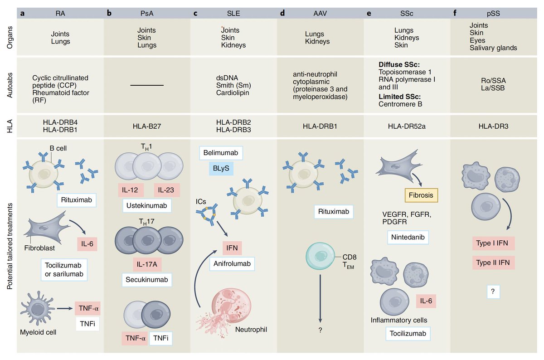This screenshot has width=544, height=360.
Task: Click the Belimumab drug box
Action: tap(221, 153)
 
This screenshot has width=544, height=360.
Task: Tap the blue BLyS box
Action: tap(221, 168)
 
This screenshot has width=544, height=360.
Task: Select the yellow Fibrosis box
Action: tap(421, 195)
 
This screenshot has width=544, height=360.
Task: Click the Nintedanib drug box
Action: tap(408, 237)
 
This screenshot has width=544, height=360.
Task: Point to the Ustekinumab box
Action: tap(147, 205)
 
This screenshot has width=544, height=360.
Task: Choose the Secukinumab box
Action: tap(147, 280)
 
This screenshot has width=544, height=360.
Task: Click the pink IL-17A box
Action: tap(147, 264)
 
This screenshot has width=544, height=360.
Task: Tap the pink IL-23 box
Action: tap(167, 190)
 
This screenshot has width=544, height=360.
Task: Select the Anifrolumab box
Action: tap(232, 263)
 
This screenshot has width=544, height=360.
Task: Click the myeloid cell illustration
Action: tap(37, 308)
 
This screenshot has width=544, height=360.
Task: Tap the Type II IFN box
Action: tap(493, 263)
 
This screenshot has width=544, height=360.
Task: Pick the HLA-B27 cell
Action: tap(147, 126)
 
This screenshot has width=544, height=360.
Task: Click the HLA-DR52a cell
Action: tap(407, 126)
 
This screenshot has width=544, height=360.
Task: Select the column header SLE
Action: tap(233, 13)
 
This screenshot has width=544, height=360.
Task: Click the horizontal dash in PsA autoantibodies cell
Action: tap(147, 85)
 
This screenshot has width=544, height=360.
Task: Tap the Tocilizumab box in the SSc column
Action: tap(408, 334)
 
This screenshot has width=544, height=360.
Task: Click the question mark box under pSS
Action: tap(493, 292)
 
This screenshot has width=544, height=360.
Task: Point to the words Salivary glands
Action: tap(493, 48)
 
